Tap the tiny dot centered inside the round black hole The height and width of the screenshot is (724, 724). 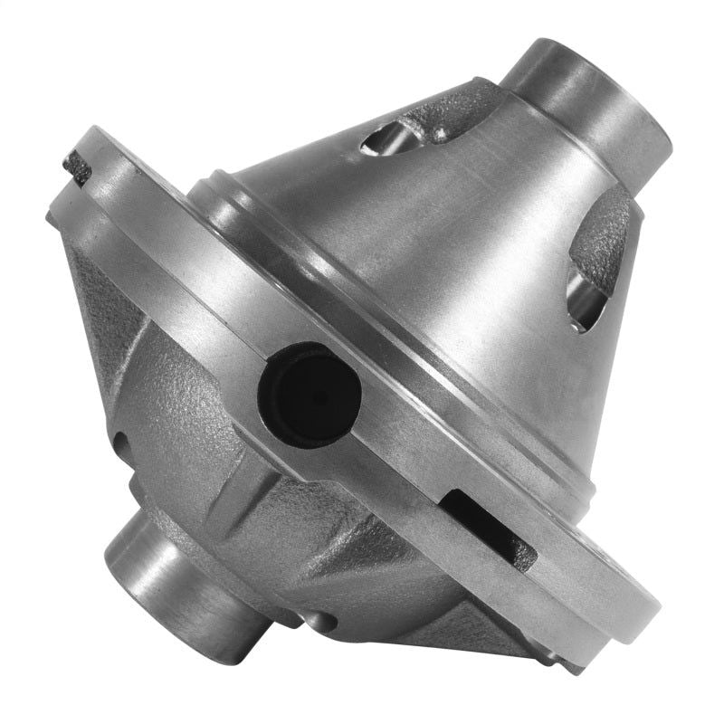pyautogui.click(x=313, y=395)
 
